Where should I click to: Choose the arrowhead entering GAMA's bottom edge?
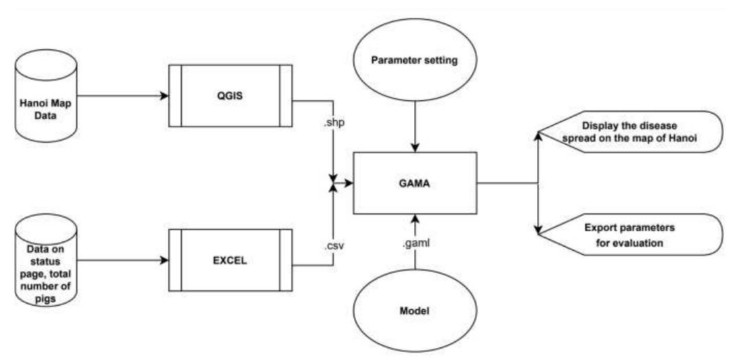coord(415,220)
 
